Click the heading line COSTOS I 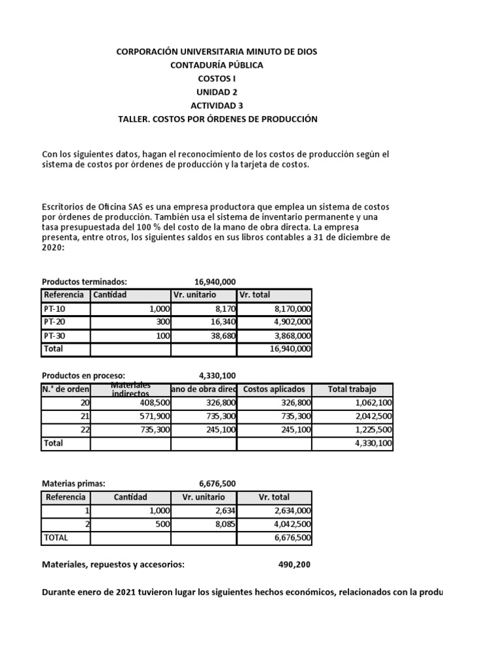[x=217, y=78]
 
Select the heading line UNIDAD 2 [x=217, y=92]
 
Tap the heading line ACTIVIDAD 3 [x=217, y=106]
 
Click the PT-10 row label [x=54, y=309]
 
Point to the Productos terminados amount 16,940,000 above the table [x=215, y=281]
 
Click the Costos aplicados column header [x=273, y=389]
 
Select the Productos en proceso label [x=83, y=375]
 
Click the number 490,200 [x=294, y=565]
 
